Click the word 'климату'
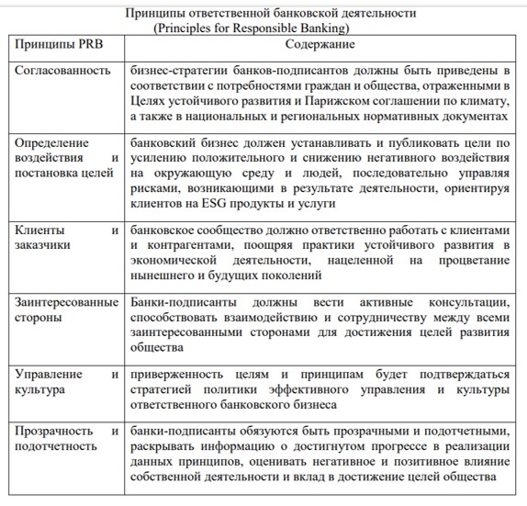484,103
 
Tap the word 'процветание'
470,260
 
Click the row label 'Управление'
49,374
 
